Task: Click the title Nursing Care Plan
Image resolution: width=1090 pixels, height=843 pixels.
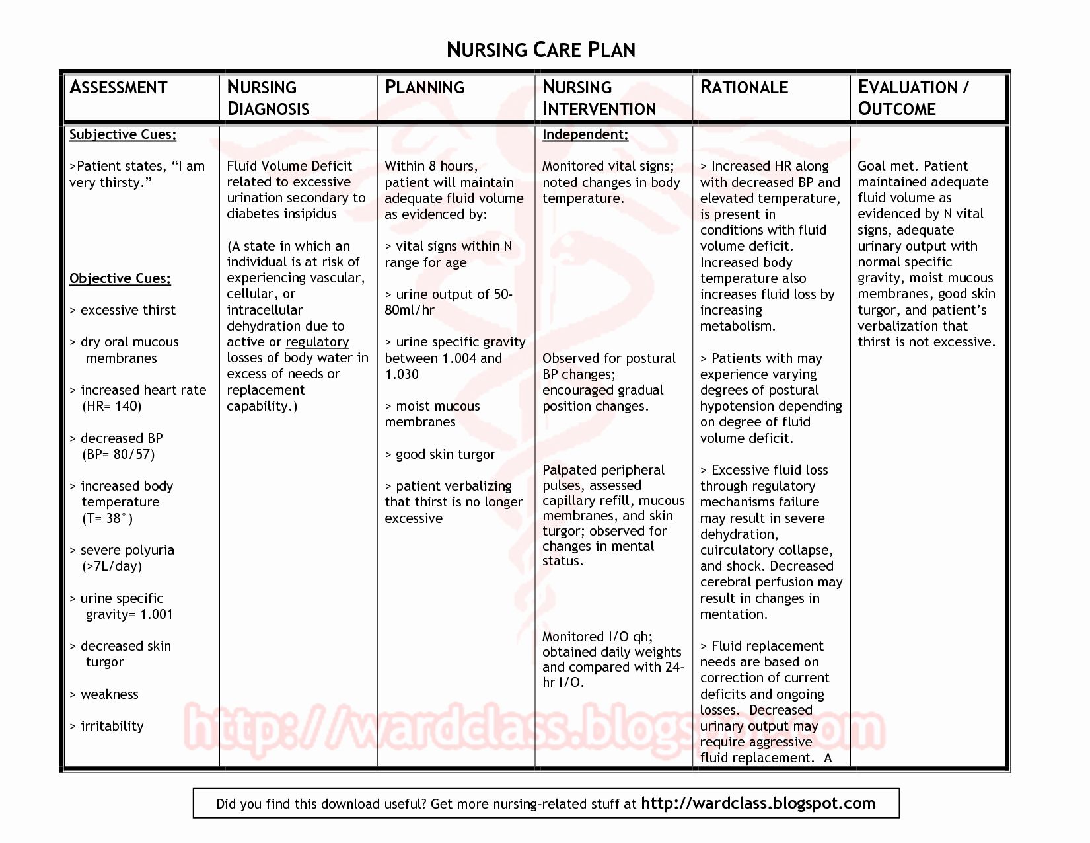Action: (x=540, y=50)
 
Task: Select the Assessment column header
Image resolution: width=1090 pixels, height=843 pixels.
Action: (x=118, y=87)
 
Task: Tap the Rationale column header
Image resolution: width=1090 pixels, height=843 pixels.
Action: (x=744, y=87)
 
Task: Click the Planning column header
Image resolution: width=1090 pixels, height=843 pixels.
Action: (x=425, y=87)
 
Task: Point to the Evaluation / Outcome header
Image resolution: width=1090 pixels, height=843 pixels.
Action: (x=913, y=98)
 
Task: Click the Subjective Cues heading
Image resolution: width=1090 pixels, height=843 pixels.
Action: (x=123, y=134)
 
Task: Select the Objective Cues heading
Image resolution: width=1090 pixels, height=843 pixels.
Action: (x=120, y=278)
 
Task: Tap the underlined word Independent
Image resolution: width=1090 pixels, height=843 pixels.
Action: (x=585, y=134)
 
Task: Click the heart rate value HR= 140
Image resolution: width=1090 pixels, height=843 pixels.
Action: (x=112, y=406)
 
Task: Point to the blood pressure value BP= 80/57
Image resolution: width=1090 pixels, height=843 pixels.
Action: (x=118, y=454)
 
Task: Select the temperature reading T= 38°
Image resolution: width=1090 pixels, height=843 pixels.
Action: (x=107, y=518)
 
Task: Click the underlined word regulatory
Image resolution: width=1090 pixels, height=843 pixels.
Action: (x=317, y=342)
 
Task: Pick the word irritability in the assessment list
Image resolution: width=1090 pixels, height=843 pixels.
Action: (x=112, y=726)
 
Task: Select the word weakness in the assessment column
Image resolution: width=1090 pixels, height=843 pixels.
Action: (x=109, y=694)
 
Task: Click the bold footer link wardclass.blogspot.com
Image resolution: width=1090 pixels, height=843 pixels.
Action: (x=758, y=803)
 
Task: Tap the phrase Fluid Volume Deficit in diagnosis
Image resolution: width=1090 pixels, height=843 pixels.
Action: (x=289, y=166)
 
